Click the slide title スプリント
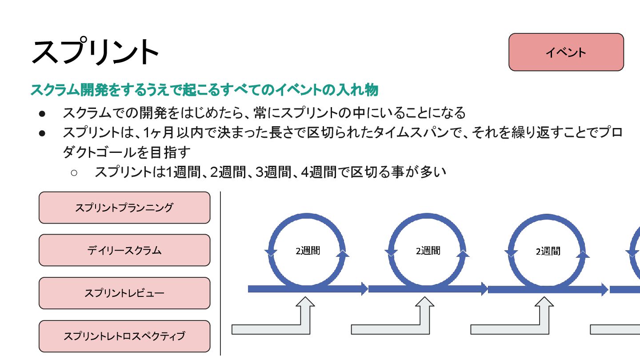(95, 52)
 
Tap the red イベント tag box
(566, 52)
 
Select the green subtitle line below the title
(204, 90)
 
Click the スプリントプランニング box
(124, 208)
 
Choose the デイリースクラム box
(124, 250)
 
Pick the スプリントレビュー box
(124, 293)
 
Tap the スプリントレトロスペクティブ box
(124, 336)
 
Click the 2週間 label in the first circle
(308, 251)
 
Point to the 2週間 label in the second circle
(428, 251)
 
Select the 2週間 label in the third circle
(548, 252)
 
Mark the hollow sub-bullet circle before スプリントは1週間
(74, 172)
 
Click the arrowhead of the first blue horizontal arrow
(364, 289)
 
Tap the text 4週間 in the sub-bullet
(319, 172)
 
